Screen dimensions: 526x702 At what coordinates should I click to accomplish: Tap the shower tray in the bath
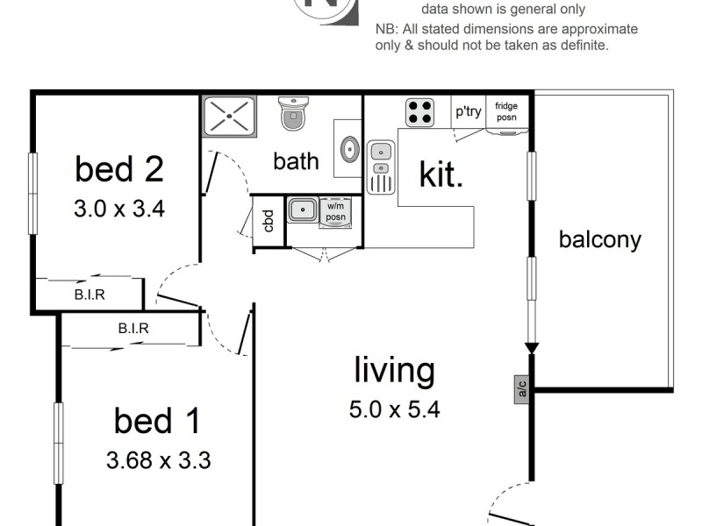(x=227, y=116)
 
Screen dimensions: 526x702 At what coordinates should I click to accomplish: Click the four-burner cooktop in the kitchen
(x=419, y=111)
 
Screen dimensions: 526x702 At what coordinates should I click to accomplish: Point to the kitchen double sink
(x=380, y=167)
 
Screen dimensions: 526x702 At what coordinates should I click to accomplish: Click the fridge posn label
(x=506, y=111)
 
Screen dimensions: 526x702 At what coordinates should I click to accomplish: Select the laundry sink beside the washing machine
(x=303, y=210)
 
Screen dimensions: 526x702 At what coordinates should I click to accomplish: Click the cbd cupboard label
(x=269, y=220)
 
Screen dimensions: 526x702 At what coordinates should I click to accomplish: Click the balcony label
(x=600, y=239)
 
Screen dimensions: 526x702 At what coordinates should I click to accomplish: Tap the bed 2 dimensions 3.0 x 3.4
(x=118, y=210)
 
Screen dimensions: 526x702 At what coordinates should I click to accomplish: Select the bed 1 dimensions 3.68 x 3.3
(x=158, y=459)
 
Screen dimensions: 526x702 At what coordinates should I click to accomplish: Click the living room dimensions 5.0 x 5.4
(x=395, y=408)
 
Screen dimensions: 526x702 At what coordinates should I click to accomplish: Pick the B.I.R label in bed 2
(x=90, y=295)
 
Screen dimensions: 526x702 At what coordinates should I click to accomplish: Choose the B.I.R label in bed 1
(x=133, y=329)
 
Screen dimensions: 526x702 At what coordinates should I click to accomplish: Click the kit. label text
(x=441, y=174)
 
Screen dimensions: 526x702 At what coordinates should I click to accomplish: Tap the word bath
(x=296, y=161)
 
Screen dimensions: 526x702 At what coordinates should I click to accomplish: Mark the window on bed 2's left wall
(x=32, y=194)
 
